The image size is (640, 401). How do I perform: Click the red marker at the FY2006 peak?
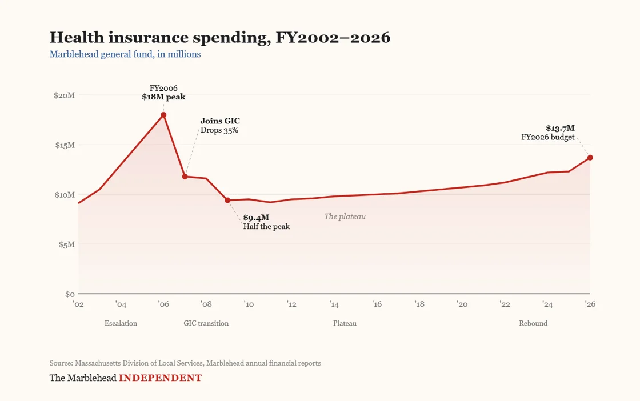coord(163,115)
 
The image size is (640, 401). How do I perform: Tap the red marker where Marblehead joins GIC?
coord(185,177)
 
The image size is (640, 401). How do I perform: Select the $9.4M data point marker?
coord(227,200)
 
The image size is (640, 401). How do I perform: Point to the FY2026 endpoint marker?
coord(590,158)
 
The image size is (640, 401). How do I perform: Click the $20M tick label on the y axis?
coord(65,95)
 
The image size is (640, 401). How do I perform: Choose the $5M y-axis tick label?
coord(66,244)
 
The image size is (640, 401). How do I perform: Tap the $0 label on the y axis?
coord(70,294)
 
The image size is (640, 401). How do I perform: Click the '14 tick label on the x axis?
coord(334,304)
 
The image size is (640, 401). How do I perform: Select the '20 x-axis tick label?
coord(462,304)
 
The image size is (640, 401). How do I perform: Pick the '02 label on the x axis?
coord(78,304)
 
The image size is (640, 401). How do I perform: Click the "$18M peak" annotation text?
coord(163,97)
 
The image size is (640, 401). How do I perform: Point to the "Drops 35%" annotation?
coord(219,130)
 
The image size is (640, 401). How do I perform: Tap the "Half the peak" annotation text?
coord(266,226)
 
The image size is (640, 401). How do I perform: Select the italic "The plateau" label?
coord(345,216)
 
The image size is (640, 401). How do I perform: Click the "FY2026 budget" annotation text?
coord(547,137)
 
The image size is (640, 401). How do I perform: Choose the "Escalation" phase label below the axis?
coord(121,323)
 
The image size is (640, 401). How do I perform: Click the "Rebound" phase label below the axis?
coord(533,323)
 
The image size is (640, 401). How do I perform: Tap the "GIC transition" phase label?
coord(206,323)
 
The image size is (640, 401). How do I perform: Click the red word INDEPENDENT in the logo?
coord(160,378)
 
